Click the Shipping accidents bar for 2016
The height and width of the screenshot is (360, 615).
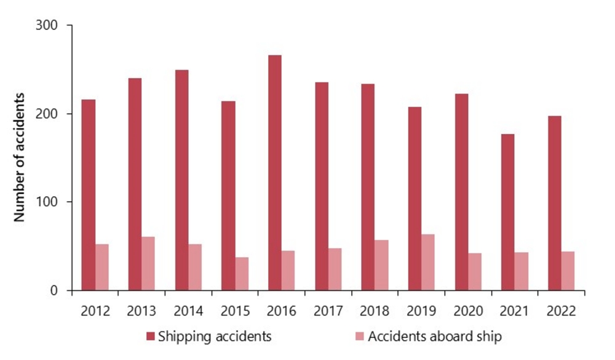pyautogui.click(x=275, y=173)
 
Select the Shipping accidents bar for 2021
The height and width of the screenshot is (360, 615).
pyautogui.click(x=508, y=212)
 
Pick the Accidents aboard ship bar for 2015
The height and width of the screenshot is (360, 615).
pyautogui.click(x=242, y=274)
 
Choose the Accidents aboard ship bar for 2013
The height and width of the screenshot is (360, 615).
pyautogui.click(x=148, y=263)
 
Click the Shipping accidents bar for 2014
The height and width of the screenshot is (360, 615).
pyautogui.click(x=181, y=180)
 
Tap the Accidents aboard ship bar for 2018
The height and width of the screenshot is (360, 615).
pyautogui.click(x=381, y=265)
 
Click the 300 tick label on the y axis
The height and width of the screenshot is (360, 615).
pyautogui.click(x=47, y=26)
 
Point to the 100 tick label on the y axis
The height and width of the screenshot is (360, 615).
pyautogui.click(x=47, y=202)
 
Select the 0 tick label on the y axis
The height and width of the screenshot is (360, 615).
pyautogui.click(x=54, y=290)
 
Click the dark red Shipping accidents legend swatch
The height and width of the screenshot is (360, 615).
pyautogui.click(x=150, y=337)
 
